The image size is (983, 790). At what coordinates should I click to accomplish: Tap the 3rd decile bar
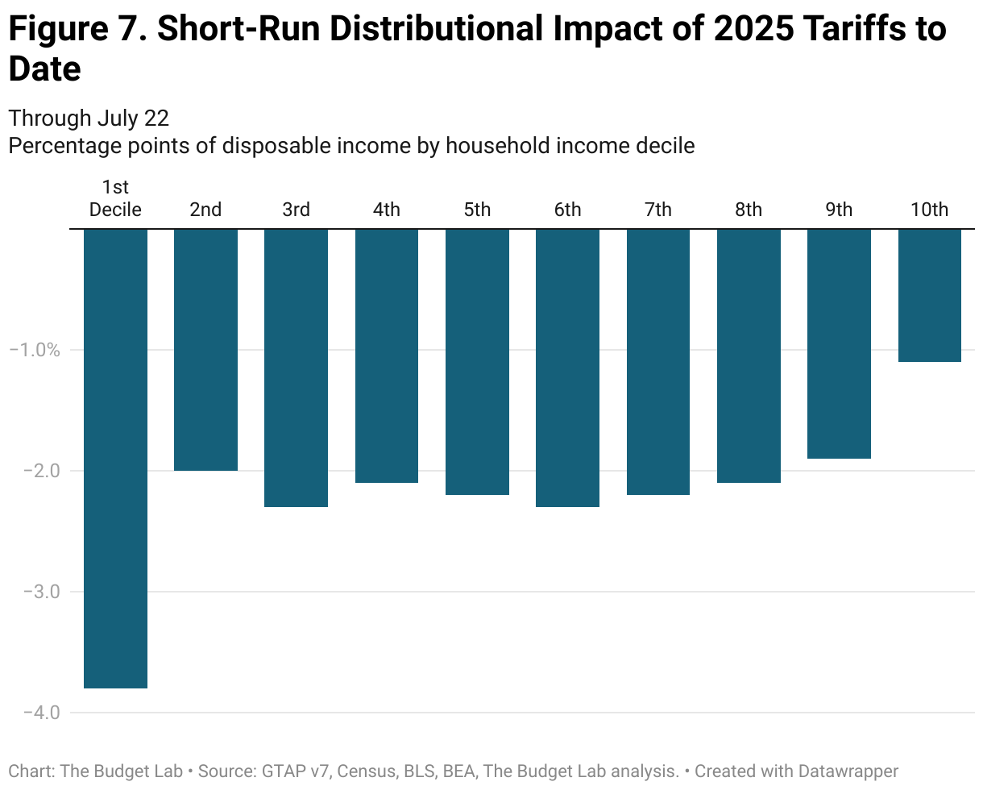click(x=296, y=368)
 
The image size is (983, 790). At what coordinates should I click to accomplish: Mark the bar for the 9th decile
click(x=839, y=343)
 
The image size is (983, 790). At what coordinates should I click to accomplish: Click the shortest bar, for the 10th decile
click(x=930, y=295)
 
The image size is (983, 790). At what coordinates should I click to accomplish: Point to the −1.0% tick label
click(x=35, y=350)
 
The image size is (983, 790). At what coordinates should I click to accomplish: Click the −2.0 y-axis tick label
click(x=35, y=471)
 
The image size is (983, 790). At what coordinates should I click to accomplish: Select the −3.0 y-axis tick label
click(x=35, y=592)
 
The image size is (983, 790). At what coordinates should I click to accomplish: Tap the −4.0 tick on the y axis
click(x=35, y=713)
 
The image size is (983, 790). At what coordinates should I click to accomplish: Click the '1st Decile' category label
click(x=115, y=199)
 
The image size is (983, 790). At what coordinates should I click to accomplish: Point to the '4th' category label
click(x=387, y=210)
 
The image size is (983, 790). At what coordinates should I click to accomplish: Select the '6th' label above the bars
click(x=567, y=210)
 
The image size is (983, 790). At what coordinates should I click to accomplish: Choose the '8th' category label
click(x=749, y=210)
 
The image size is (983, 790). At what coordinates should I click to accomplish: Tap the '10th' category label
click(x=930, y=210)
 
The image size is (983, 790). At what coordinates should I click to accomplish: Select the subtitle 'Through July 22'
click(x=89, y=118)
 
